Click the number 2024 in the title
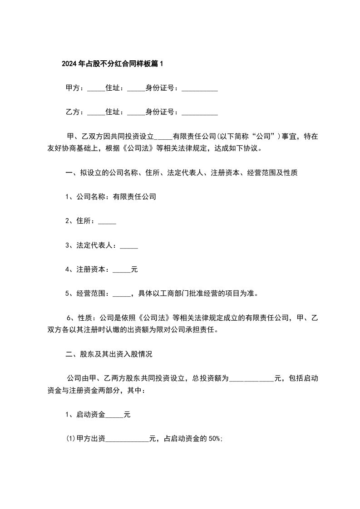pos(69,64)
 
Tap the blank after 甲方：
pos(96,88)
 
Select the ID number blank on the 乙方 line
pos(200,113)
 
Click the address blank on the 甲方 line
pos(136,88)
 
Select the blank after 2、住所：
pos(107,221)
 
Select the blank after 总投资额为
pos(252,378)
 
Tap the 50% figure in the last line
pos(214,439)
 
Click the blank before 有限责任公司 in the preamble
pos(163,137)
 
